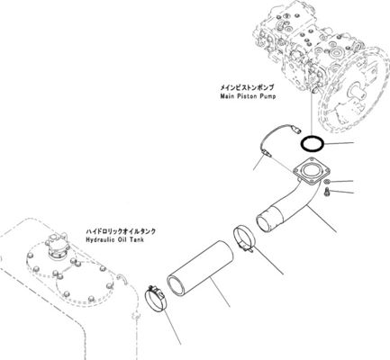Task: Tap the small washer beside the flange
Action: pos(327,182)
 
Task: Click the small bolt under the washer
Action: pos(327,192)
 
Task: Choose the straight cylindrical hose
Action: pos(201,268)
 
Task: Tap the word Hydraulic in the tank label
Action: pos(98,239)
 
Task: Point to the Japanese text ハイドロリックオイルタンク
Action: pos(121,231)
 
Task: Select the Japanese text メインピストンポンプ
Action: pos(247,87)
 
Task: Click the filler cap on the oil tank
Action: pos(57,244)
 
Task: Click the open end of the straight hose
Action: pos(178,285)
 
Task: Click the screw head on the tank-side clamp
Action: pos(153,289)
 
